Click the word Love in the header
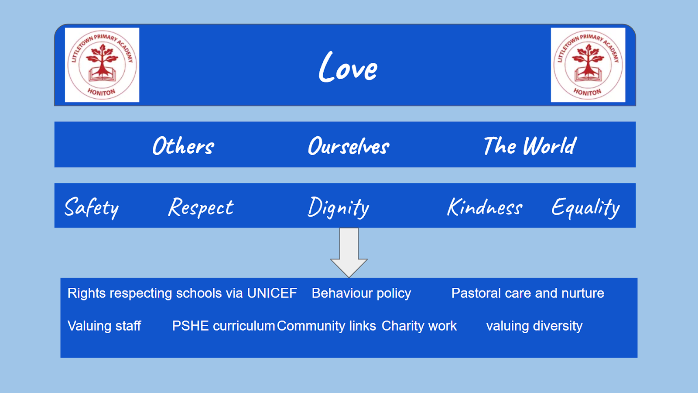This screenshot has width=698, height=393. point(348,68)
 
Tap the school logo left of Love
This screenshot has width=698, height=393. point(102,65)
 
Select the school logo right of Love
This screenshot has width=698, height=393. point(588,65)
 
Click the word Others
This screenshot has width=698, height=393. point(183,146)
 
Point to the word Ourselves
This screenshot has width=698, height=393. point(349,146)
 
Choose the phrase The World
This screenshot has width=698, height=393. point(530,146)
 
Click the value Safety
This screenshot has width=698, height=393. point(92,207)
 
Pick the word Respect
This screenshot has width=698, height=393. point(201,207)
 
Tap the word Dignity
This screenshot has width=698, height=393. point(339,207)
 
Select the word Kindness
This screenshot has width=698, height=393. point(485,207)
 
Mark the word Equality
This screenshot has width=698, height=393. point(585,207)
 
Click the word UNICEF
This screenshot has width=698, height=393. point(272,293)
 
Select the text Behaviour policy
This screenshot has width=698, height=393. point(361,293)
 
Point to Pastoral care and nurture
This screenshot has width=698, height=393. point(527,293)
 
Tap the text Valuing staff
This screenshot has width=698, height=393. point(104,326)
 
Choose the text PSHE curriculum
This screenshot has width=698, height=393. point(223,326)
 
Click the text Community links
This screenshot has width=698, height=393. point(326,326)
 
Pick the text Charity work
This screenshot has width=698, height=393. point(419,326)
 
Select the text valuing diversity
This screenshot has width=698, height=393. point(534,326)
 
